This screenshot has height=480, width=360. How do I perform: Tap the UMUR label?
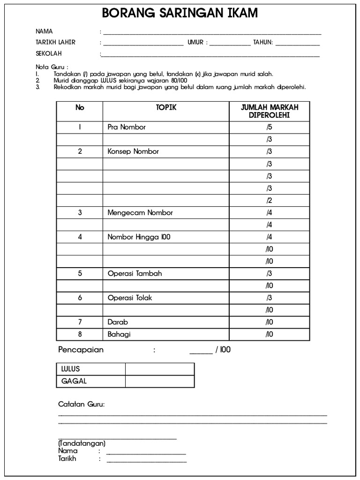195,42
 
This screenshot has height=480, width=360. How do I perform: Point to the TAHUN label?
263,42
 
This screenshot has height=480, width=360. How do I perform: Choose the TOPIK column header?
166,107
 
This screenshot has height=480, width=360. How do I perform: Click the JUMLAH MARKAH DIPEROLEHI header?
269,111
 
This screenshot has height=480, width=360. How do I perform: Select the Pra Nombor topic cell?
127,127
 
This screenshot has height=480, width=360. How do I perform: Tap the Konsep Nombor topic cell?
133,151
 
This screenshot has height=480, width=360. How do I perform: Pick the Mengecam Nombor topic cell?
140,212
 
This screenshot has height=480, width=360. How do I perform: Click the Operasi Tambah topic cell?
135,273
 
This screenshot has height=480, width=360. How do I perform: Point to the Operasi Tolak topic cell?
130,298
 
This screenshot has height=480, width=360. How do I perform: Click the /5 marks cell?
269,127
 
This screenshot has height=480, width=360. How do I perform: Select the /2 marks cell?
269,200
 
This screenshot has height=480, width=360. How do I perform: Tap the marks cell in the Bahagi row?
269,334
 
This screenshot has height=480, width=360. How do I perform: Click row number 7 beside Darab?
80,322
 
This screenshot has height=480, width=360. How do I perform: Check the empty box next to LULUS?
159,369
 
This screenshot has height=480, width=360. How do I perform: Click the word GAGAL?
74,381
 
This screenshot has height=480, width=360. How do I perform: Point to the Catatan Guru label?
82,404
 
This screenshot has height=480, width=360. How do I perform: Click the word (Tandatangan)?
82,443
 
